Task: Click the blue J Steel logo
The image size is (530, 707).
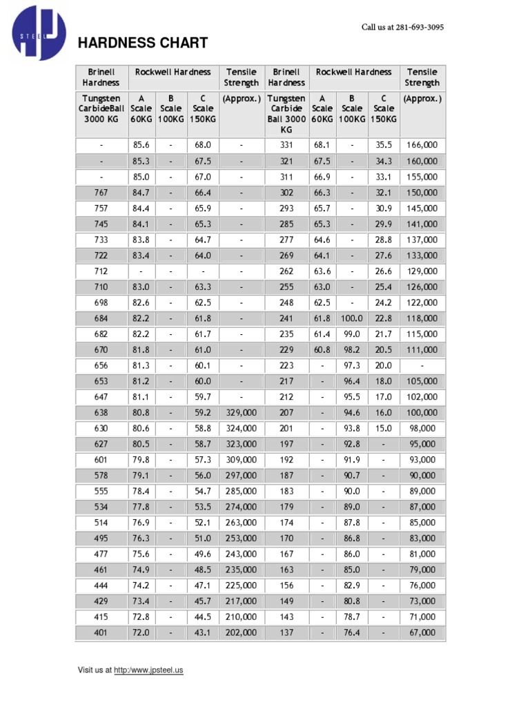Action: pos(39,32)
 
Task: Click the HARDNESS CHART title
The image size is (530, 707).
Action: pos(143,43)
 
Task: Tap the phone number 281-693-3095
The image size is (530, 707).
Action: pos(420,28)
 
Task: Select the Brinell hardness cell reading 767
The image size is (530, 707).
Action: pos(101,193)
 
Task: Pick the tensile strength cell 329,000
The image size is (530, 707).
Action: pos(241,412)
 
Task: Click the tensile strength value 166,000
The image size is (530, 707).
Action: pos(422,146)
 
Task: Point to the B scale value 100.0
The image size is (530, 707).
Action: pos(352,318)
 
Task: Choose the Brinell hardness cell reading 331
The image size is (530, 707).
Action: pos(286,146)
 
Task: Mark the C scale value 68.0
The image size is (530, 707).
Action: pos(203,146)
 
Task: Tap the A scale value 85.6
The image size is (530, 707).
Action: pos(141,146)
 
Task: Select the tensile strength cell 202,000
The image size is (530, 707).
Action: pos(241,632)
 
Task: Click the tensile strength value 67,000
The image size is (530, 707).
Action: pos(422,632)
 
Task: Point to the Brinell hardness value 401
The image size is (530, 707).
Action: pos(101,632)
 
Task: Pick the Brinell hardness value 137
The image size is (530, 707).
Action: pos(286,632)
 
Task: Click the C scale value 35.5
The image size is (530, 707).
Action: pos(384,146)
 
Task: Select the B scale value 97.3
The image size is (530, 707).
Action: pos(352,365)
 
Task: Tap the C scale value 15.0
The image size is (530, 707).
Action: pos(384,428)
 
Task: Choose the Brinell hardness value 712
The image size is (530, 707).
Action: pos(101,271)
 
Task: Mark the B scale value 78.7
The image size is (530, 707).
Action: pos(352,617)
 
